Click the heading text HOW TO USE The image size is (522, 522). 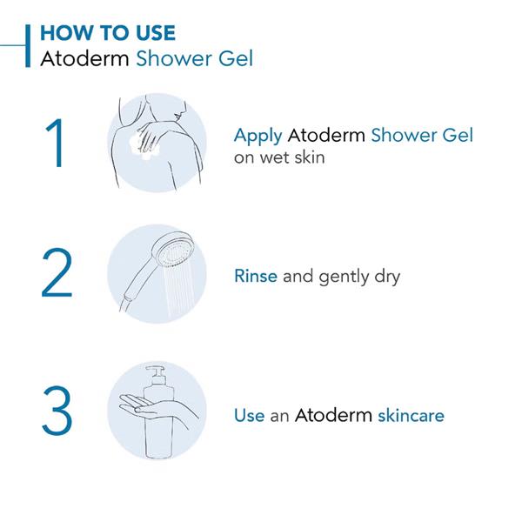[x=108, y=33]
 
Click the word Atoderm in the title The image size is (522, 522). [x=84, y=58]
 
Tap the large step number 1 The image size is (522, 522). [x=56, y=144]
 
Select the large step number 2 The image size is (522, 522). [x=57, y=272]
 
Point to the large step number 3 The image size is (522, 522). [x=57, y=410]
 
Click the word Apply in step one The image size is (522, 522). [x=258, y=137]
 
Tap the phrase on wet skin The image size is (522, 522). [x=279, y=157]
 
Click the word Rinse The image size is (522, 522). [x=256, y=276]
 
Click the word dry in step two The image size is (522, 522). [x=387, y=278]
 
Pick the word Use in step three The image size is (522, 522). [x=250, y=416]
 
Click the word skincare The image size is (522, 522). [x=412, y=416]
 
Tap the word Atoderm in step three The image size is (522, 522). [x=333, y=415]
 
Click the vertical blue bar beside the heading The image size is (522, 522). [x=28, y=45]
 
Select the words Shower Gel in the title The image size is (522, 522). [x=195, y=58]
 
